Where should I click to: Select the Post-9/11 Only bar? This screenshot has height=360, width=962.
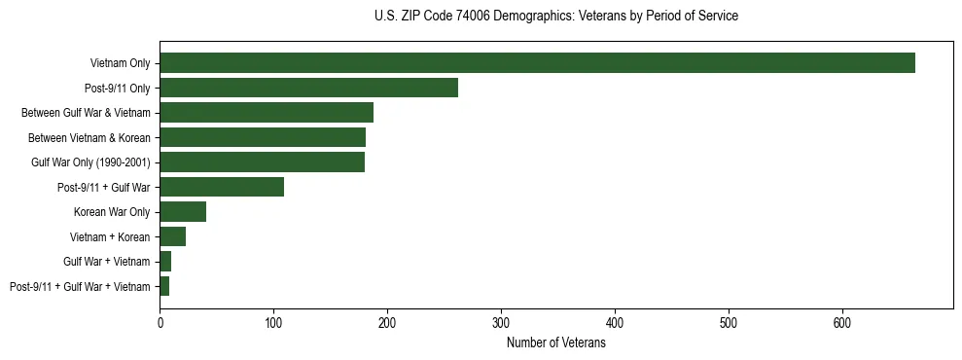pos(308,88)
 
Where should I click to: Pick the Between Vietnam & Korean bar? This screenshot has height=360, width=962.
pos(263,137)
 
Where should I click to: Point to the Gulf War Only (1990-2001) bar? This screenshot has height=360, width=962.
pos(262,162)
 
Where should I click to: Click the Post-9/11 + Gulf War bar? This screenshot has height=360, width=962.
pos(222,187)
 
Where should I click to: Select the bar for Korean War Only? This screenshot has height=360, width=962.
pos(183,211)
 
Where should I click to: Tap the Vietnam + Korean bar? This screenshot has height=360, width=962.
pos(172,236)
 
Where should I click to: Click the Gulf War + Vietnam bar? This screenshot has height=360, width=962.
pos(165,261)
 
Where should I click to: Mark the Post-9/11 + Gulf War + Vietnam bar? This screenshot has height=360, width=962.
pos(164,286)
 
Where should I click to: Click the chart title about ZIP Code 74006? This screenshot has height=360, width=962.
pos(555,17)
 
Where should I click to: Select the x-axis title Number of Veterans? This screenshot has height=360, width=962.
pos(555,343)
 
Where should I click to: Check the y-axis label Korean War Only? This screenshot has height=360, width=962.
pos(112,212)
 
